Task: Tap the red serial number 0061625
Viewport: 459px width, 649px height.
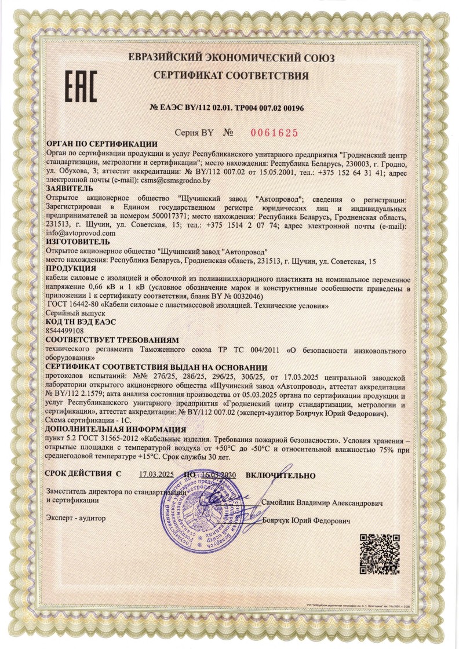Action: [x=274, y=133]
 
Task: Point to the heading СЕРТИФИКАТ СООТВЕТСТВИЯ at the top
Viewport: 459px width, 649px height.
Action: [x=231, y=75]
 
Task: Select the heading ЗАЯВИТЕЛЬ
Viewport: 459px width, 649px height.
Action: [x=69, y=188]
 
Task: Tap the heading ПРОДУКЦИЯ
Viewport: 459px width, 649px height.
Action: [x=71, y=269]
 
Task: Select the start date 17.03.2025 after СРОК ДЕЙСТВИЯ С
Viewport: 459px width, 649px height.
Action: [x=156, y=475]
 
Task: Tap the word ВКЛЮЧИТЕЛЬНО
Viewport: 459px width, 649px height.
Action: [x=280, y=475]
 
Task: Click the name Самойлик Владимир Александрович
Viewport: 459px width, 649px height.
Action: [x=322, y=504]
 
